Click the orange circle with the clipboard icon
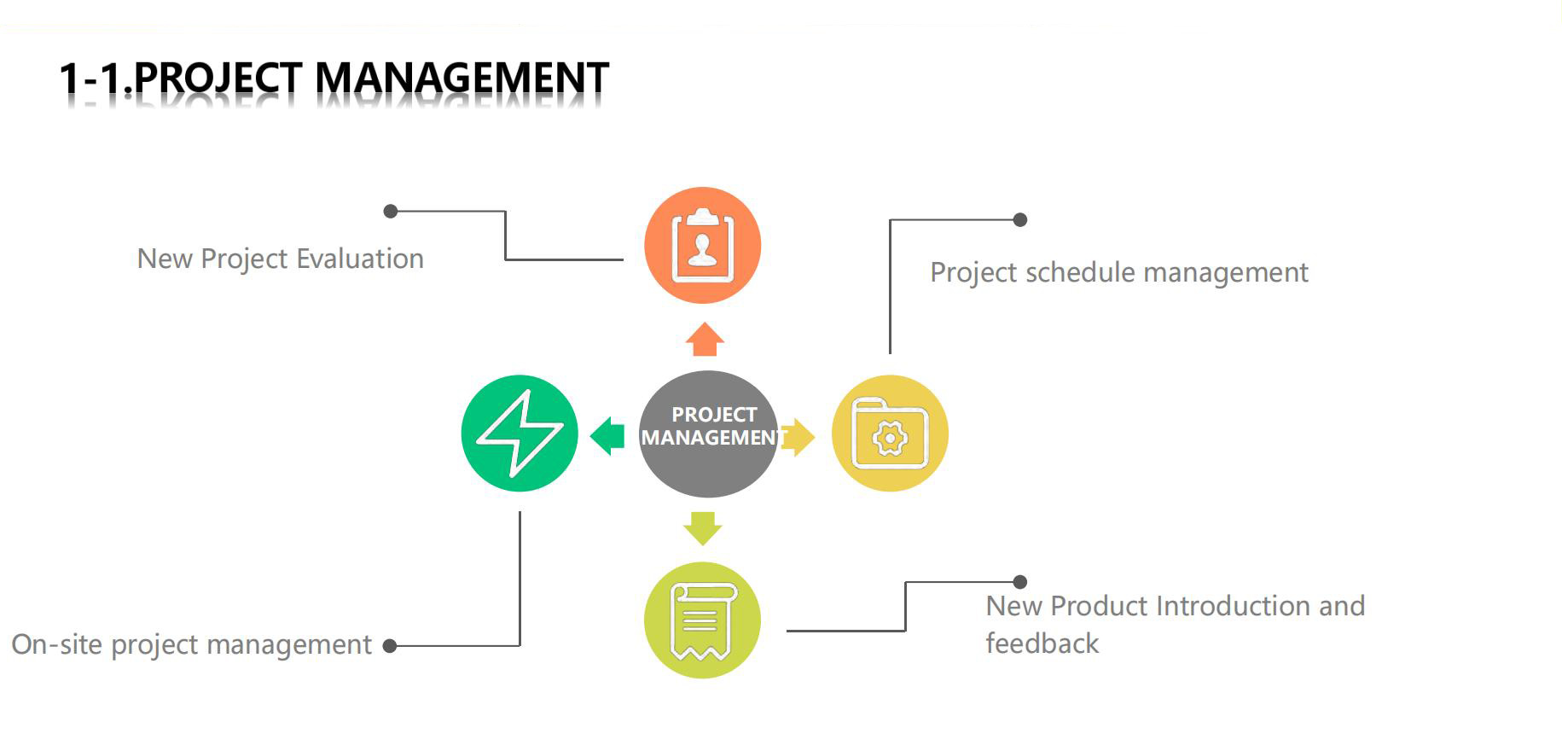click(702, 245)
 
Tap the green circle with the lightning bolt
click(519, 434)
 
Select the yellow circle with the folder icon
click(890, 434)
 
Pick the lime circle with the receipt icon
click(702, 620)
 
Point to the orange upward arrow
click(705, 340)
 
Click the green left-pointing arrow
click(607, 435)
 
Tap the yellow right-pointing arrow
click(799, 437)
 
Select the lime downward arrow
click(703, 527)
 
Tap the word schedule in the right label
click(1080, 272)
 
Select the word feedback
click(1042, 643)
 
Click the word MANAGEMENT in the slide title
click(462, 79)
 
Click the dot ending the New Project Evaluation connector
click(391, 211)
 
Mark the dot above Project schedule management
click(1019, 219)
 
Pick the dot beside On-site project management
click(390, 646)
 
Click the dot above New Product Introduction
click(1019, 582)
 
